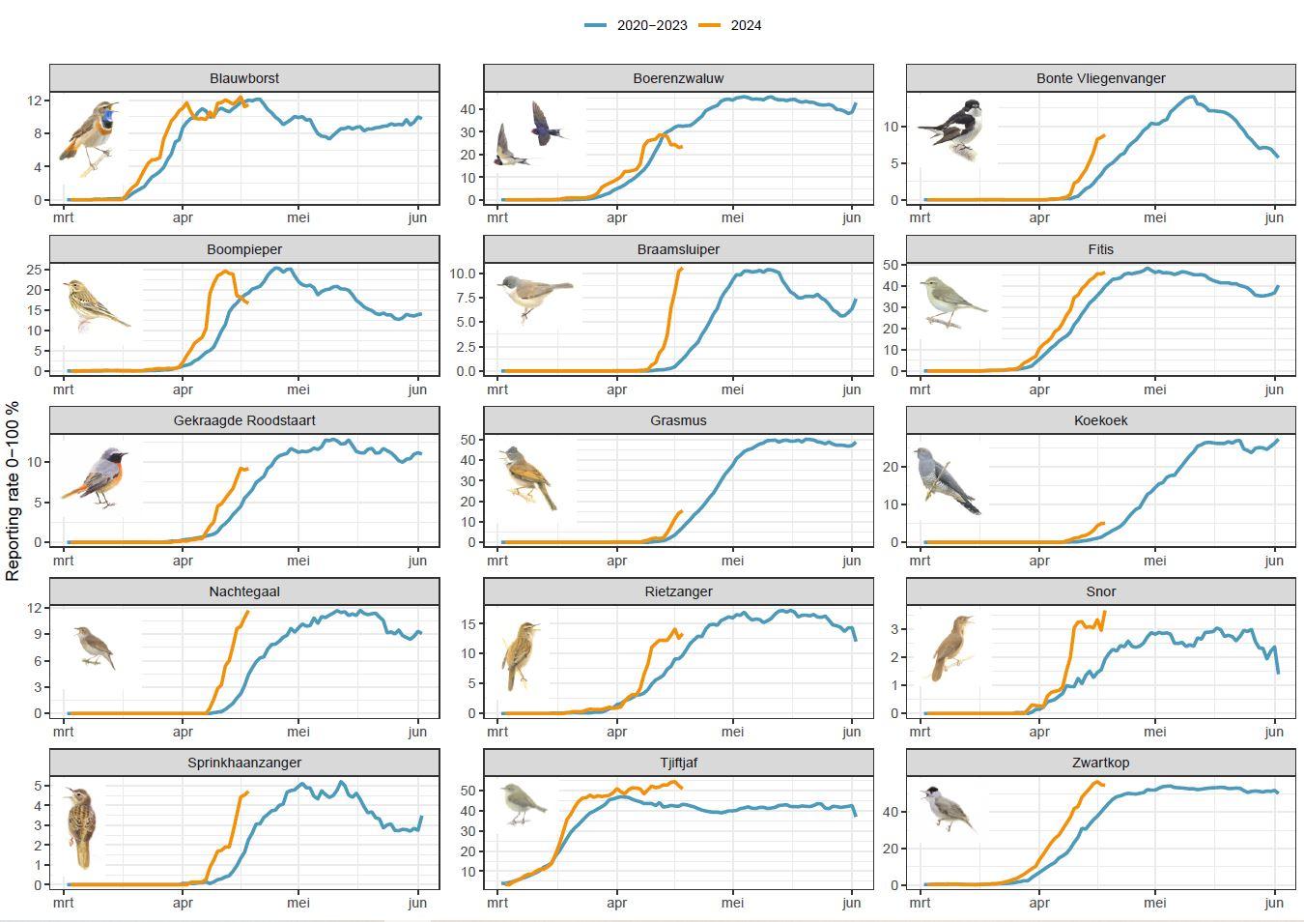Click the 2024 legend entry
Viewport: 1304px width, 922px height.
click(x=745, y=25)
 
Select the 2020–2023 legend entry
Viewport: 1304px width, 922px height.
click(x=651, y=25)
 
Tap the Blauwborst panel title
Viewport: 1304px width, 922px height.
click(x=244, y=78)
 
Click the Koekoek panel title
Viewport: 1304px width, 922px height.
click(x=1100, y=420)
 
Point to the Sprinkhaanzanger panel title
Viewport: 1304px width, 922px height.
click(x=244, y=763)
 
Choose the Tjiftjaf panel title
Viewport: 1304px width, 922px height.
click(x=678, y=763)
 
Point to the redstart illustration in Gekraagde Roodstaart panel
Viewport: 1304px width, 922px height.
click(x=97, y=477)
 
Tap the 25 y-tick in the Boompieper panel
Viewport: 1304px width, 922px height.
click(x=34, y=270)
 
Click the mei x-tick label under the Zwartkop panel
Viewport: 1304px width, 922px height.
click(x=1155, y=903)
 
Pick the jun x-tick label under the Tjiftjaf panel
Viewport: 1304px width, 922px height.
click(x=851, y=903)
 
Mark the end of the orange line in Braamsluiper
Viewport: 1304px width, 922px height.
click(x=681, y=269)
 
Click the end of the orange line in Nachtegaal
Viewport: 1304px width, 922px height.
click(x=248, y=611)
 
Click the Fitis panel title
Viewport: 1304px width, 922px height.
click(x=1100, y=249)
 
